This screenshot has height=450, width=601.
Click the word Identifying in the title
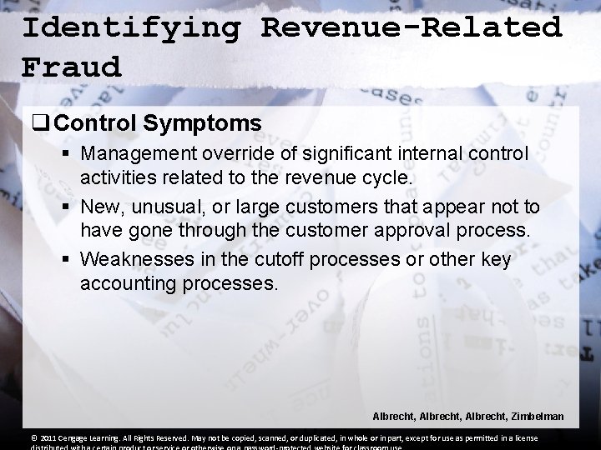pyautogui.click(x=131, y=27)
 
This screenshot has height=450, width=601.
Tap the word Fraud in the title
pyautogui.click(x=72, y=66)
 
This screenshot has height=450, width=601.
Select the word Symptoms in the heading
pyautogui.click(x=202, y=123)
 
